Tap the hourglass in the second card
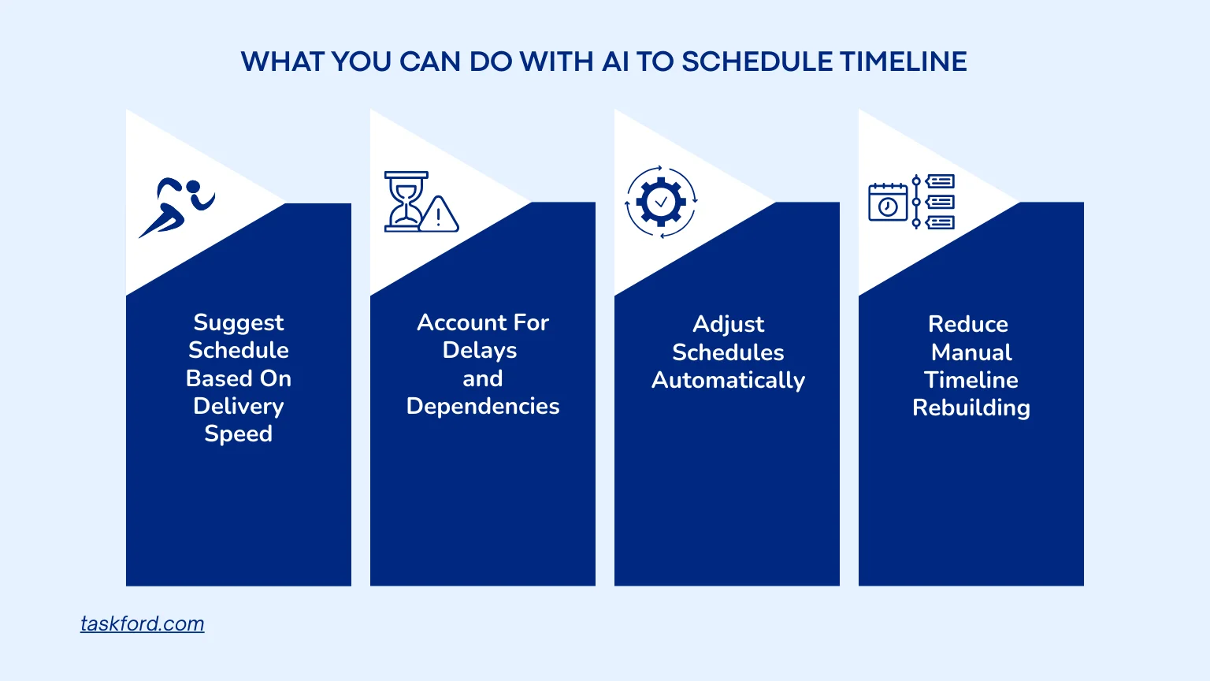click(x=406, y=202)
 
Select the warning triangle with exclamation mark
click(x=439, y=214)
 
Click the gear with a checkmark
click(x=661, y=202)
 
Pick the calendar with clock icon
click(x=888, y=202)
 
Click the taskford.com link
click(x=142, y=623)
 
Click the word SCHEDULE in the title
click(x=756, y=61)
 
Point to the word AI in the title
click(x=615, y=61)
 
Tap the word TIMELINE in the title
click(x=904, y=61)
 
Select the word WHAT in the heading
click(x=282, y=61)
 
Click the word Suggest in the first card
click(x=238, y=323)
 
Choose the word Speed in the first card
click(x=238, y=434)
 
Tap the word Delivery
click(x=238, y=407)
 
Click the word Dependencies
click(x=483, y=407)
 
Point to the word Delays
click(x=480, y=351)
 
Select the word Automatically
click(x=728, y=381)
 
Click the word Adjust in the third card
click(x=728, y=324)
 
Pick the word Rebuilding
click(x=971, y=408)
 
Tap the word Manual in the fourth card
click(x=971, y=352)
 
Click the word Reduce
click(x=968, y=324)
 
